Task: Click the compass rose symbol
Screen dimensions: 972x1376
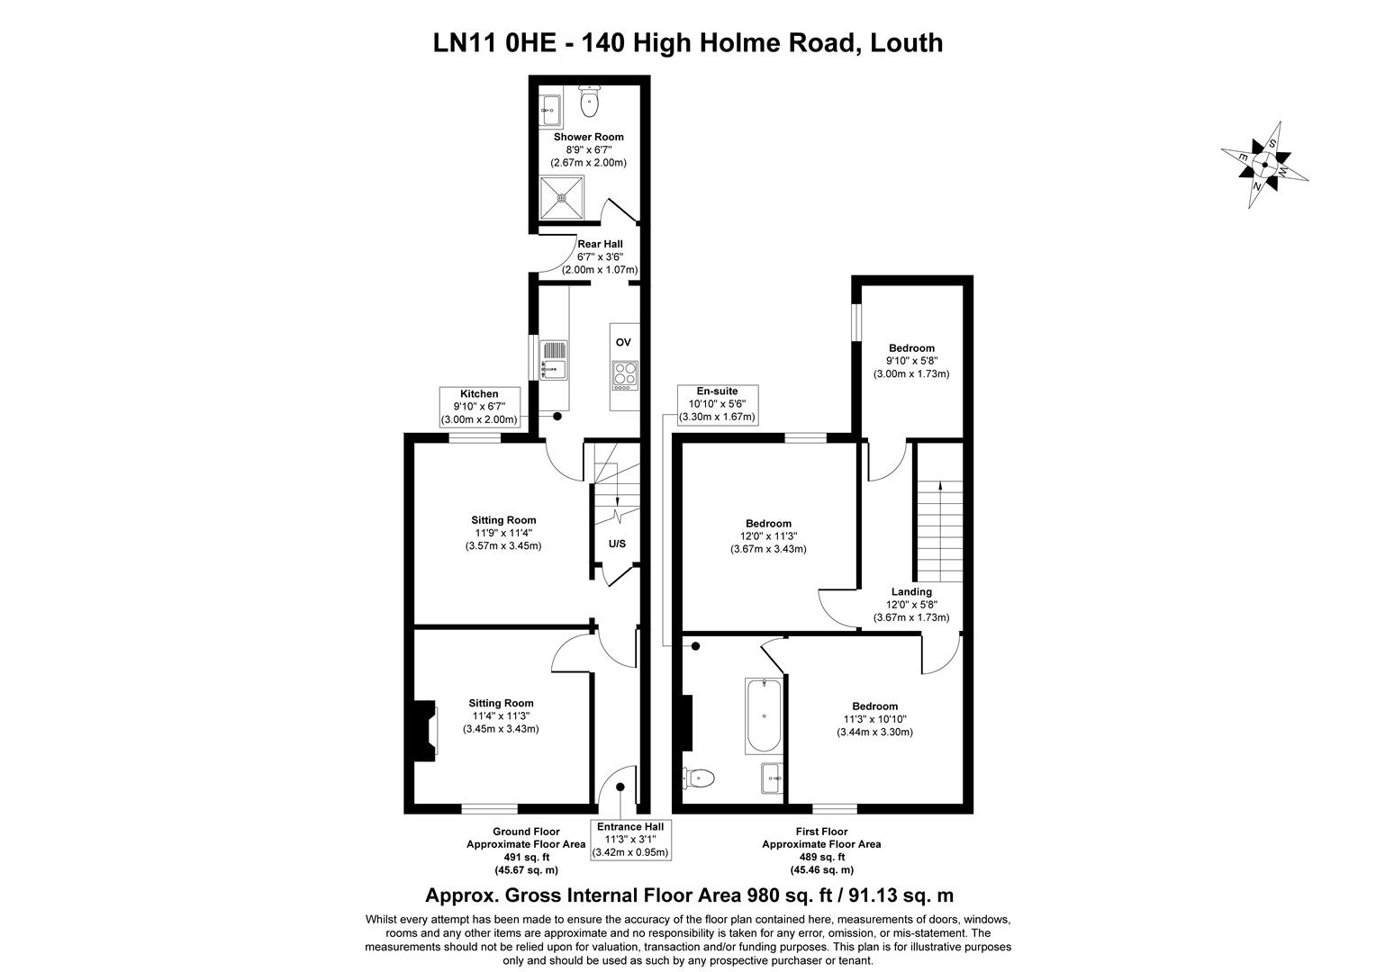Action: point(1264,166)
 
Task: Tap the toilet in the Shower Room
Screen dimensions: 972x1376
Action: point(590,101)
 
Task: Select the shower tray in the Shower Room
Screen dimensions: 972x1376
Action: point(563,197)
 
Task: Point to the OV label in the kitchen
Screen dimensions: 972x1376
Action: point(623,342)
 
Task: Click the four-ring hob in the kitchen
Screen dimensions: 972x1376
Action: point(624,373)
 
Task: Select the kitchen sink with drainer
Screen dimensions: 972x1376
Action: point(553,360)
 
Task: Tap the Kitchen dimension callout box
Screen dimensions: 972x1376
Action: point(479,407)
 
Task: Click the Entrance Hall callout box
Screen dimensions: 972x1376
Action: point(629,840)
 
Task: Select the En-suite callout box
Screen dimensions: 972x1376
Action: point(718,404)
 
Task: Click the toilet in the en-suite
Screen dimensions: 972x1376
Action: point(700,777)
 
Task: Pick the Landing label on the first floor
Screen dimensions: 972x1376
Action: point(911,591)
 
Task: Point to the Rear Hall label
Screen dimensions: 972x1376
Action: point(600,244)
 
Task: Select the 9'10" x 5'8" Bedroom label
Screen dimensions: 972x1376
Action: point(911,361)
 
